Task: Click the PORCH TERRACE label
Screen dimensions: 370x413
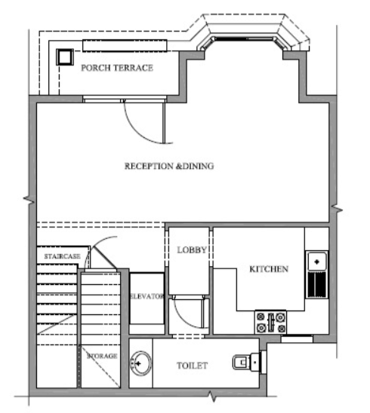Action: tap(117, 68)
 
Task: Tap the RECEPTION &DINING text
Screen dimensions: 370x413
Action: tap(169, 166)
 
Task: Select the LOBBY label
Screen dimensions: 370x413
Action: tap(192, 249)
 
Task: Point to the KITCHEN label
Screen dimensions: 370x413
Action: tap(269, 269)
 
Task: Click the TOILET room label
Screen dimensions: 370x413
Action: tap(192, 366)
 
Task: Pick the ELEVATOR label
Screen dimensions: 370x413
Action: tap(147, 296)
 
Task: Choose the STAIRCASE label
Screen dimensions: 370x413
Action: tap(62, 256)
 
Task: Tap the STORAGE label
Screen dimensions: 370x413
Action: tap(102, 356)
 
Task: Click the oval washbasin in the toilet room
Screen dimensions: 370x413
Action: tap(141, 363)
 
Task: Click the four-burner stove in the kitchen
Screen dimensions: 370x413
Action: tap(271, 322)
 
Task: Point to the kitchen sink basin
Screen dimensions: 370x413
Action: tap(317, 262)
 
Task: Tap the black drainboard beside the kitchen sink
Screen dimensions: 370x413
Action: tap(317, 285)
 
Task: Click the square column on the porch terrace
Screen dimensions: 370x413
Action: tap(65, 57)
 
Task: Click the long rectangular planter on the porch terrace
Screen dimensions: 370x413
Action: tap(125, 45)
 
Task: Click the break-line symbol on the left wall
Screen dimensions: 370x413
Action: tap(29, 200)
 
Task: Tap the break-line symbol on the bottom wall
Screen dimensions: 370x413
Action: tap(213, 396)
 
